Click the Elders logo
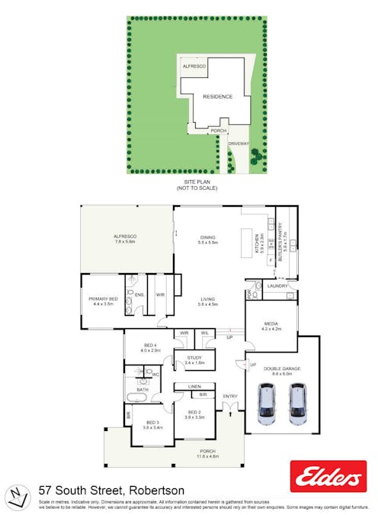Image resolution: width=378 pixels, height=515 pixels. coord(328,476)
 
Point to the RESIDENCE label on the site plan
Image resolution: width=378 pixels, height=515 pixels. coord(217,97)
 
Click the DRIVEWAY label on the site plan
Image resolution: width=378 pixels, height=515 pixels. coord(239,143)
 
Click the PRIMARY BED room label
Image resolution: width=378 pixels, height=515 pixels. coord(103,298)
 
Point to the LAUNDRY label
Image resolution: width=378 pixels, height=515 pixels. coord(277,286)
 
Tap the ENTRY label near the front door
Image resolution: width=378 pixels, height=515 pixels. coord(229,396)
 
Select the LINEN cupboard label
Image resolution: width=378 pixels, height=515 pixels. coord(194,387)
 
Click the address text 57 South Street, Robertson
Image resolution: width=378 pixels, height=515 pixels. coord(111,490)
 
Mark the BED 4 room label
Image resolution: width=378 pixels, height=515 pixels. coord(151,347)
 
